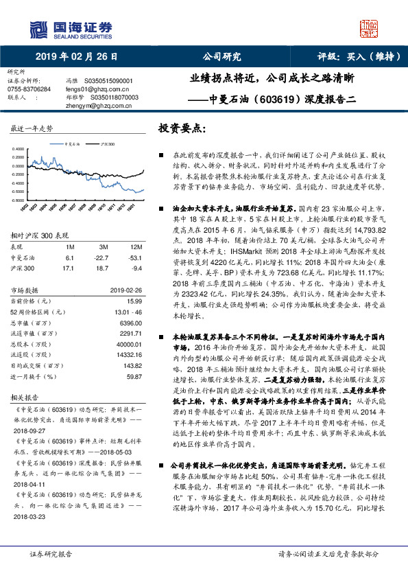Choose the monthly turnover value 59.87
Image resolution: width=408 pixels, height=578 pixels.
click(134, 376)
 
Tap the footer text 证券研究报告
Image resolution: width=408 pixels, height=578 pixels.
click(50, 553)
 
